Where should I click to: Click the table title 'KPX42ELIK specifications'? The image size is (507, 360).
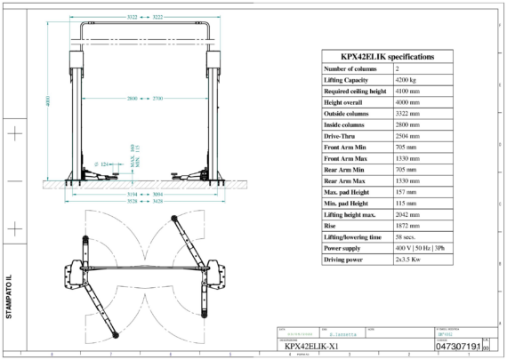point(388,56)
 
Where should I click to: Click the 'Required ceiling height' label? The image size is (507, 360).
point(356,92)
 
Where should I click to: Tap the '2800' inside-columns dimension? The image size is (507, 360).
point(133,98)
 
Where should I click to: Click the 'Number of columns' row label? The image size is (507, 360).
point(351,68)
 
